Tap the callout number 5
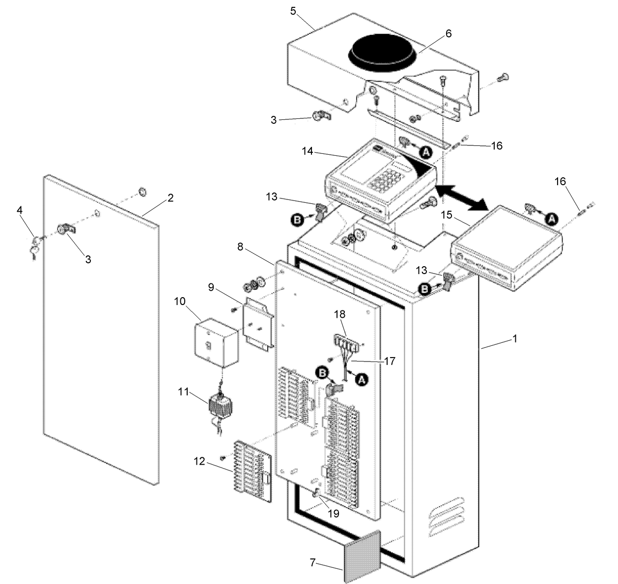293,11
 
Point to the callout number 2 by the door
170,198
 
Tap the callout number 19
333,514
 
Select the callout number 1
514,338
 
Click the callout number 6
448,33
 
